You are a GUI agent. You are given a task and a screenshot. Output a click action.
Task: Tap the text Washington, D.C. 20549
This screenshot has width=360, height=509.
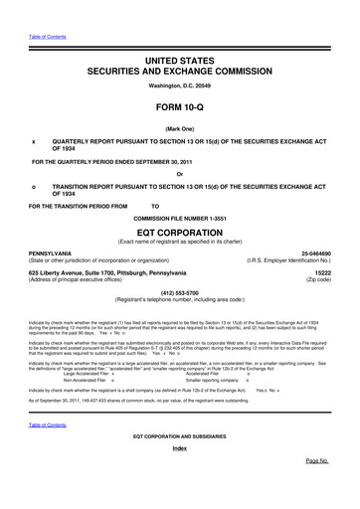179,87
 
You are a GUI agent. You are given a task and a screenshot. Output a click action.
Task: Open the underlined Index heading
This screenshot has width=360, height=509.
179,476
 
